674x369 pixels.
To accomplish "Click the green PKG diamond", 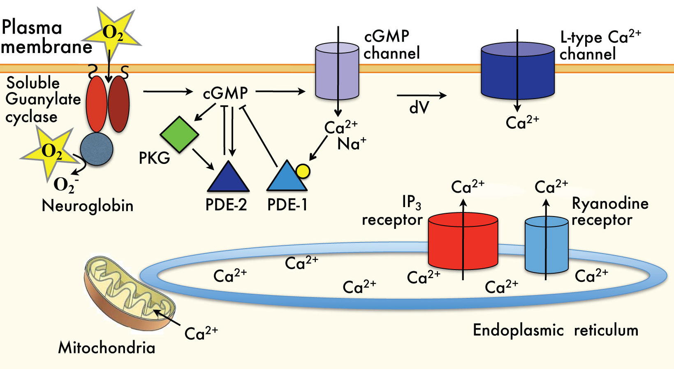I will point(179,134).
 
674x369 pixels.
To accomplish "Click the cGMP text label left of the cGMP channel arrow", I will point(225,93).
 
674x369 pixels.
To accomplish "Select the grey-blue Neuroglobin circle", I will point(97,149).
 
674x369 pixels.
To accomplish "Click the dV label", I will point(419,108).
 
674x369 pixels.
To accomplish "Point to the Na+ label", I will point(352,144).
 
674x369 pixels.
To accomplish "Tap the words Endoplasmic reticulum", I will point(555,330).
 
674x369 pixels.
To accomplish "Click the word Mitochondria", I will point(107,348).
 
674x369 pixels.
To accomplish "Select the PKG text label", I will point(154,158).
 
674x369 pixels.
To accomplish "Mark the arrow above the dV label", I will point(422,96).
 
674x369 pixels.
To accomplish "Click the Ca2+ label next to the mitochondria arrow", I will point(201,333).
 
